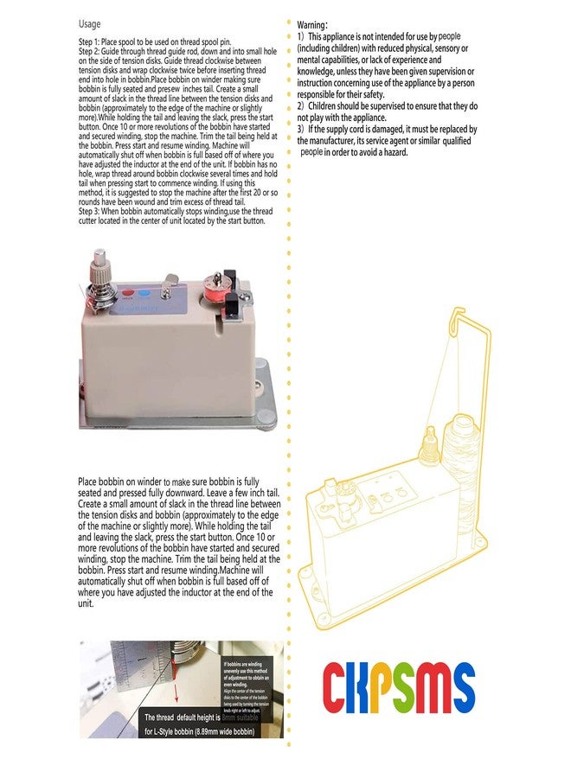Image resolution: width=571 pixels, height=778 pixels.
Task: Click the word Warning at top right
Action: (x=312, y=26)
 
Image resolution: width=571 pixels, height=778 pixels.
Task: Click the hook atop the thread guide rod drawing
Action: (x=456, y=316)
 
